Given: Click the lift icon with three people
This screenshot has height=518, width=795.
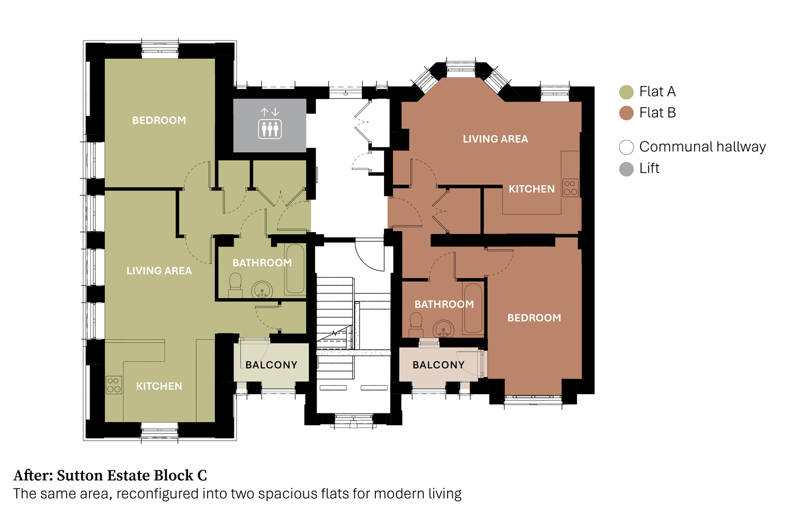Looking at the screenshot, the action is [x=270, y=128].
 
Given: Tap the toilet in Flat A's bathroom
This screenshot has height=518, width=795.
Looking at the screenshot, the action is [x=235, y=285].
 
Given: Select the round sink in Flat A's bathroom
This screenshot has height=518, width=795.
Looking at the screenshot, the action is [x=262, y=290].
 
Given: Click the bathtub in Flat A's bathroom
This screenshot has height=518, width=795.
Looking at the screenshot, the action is [x=296, y=269].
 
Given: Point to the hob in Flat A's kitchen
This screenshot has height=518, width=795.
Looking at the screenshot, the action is [x=114, y=385].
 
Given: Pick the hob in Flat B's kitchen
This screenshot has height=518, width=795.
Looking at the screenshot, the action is [x=570, y=188].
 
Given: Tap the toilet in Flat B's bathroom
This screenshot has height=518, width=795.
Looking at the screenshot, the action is [x=416, y=324].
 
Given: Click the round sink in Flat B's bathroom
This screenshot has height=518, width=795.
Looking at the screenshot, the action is [x=443, y=328].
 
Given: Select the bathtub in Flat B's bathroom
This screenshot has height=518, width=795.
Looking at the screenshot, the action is [x=473, y=308].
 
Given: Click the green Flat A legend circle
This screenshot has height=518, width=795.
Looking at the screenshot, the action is [x=626, y=92].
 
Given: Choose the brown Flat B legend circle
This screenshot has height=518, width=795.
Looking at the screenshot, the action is [x=626, y=113].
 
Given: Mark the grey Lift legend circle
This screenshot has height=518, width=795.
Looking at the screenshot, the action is [x=626, y=169].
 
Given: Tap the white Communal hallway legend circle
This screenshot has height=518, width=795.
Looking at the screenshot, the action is [x=626, y=147].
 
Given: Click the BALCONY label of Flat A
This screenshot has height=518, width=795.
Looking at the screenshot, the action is [x=272, y=365].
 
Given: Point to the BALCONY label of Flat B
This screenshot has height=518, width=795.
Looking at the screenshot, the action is [x=439, y=365].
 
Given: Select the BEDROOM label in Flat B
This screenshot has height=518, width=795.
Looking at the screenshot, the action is [x=534, y=318].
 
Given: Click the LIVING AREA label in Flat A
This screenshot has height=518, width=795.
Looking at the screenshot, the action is [x=159, y=271].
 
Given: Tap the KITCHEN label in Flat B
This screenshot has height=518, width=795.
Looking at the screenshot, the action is [x=532, y=189].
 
